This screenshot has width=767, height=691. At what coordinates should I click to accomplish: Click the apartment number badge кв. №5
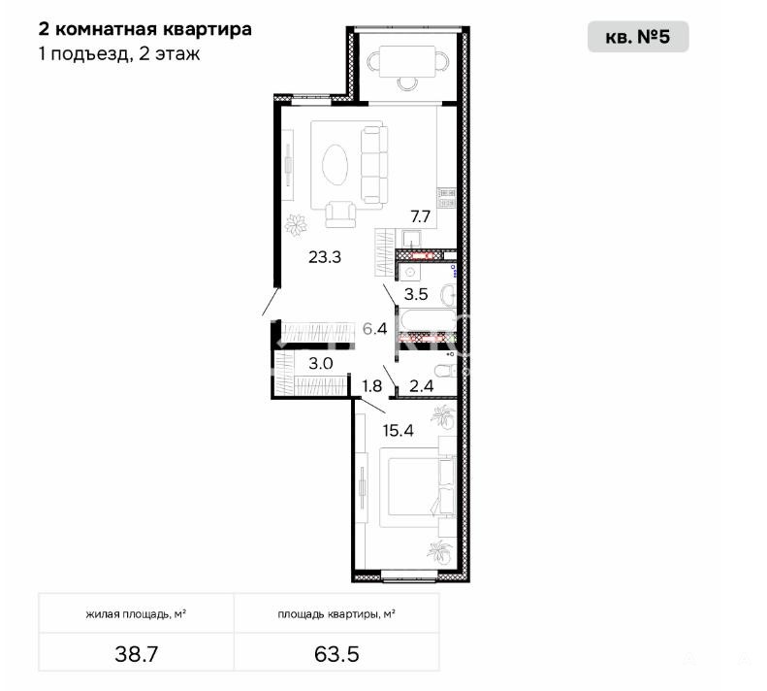pos(638,37)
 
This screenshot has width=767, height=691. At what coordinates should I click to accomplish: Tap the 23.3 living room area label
pos(325,256)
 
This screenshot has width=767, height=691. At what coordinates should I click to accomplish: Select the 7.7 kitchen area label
pos(420,216)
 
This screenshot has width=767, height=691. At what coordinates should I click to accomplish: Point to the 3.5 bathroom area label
pos(416,294)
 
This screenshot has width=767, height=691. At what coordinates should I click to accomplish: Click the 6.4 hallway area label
pos(374,328)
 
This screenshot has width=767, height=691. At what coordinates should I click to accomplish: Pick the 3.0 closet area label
pos(321,363)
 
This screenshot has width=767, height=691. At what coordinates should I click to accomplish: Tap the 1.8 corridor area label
pos(371,386)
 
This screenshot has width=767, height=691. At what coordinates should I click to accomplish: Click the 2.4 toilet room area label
pos(421,386)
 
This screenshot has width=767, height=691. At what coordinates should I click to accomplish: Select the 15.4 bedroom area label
pos(399,431)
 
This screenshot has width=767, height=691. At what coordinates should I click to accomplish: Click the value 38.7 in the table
pos(137,654)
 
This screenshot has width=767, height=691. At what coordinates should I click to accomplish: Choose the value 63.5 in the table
pos(336,654)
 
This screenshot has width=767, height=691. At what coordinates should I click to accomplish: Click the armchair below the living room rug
pos(340,214)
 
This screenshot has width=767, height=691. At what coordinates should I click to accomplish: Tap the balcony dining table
pos(407,62)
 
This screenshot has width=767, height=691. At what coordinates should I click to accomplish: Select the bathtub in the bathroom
pos(428,320)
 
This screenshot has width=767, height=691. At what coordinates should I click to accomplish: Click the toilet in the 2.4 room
pos(446,371)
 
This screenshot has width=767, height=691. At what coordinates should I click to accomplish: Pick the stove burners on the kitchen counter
pos(447,197)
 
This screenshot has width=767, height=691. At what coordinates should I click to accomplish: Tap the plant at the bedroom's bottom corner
pos(440,552)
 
